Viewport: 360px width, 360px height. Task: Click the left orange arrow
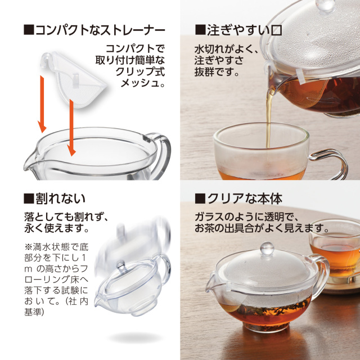point(42,105)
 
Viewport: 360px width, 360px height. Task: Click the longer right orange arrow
point(71,128)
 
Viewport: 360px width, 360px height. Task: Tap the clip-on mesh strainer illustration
point(74,79)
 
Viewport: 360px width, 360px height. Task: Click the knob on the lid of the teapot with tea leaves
point(267,249)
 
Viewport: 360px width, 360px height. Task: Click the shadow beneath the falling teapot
point(136,337)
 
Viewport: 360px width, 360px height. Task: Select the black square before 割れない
point(29,199)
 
